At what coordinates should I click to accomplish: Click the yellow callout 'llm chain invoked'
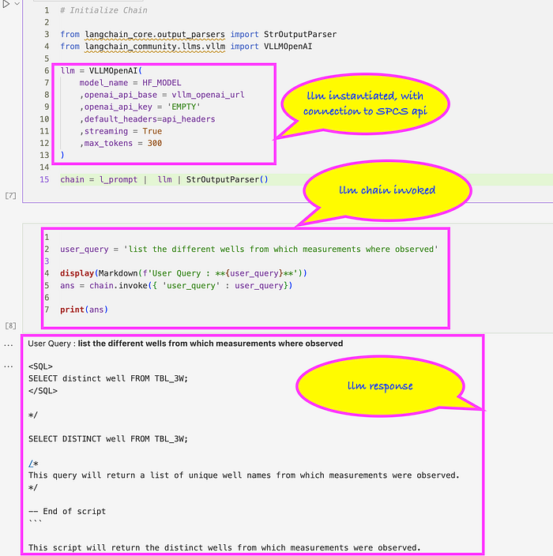[x=387, y=190]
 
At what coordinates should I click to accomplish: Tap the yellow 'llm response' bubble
[x=379, y=385]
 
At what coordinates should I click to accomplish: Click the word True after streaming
[x=152, y=131]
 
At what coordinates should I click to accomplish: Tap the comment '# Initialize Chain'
[x=103, y=10]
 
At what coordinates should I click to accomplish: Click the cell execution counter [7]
[x=10, y=194]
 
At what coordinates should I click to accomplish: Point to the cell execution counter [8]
[x=10, y=325]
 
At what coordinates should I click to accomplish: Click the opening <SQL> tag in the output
[x=40, y=366]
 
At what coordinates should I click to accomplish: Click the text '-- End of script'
[x=67, y=511]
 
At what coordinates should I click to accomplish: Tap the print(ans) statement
[x=84, y=310]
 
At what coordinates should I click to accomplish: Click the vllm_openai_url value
[x=208, y=95]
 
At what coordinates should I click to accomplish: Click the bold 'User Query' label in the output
[x=50, y=344]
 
